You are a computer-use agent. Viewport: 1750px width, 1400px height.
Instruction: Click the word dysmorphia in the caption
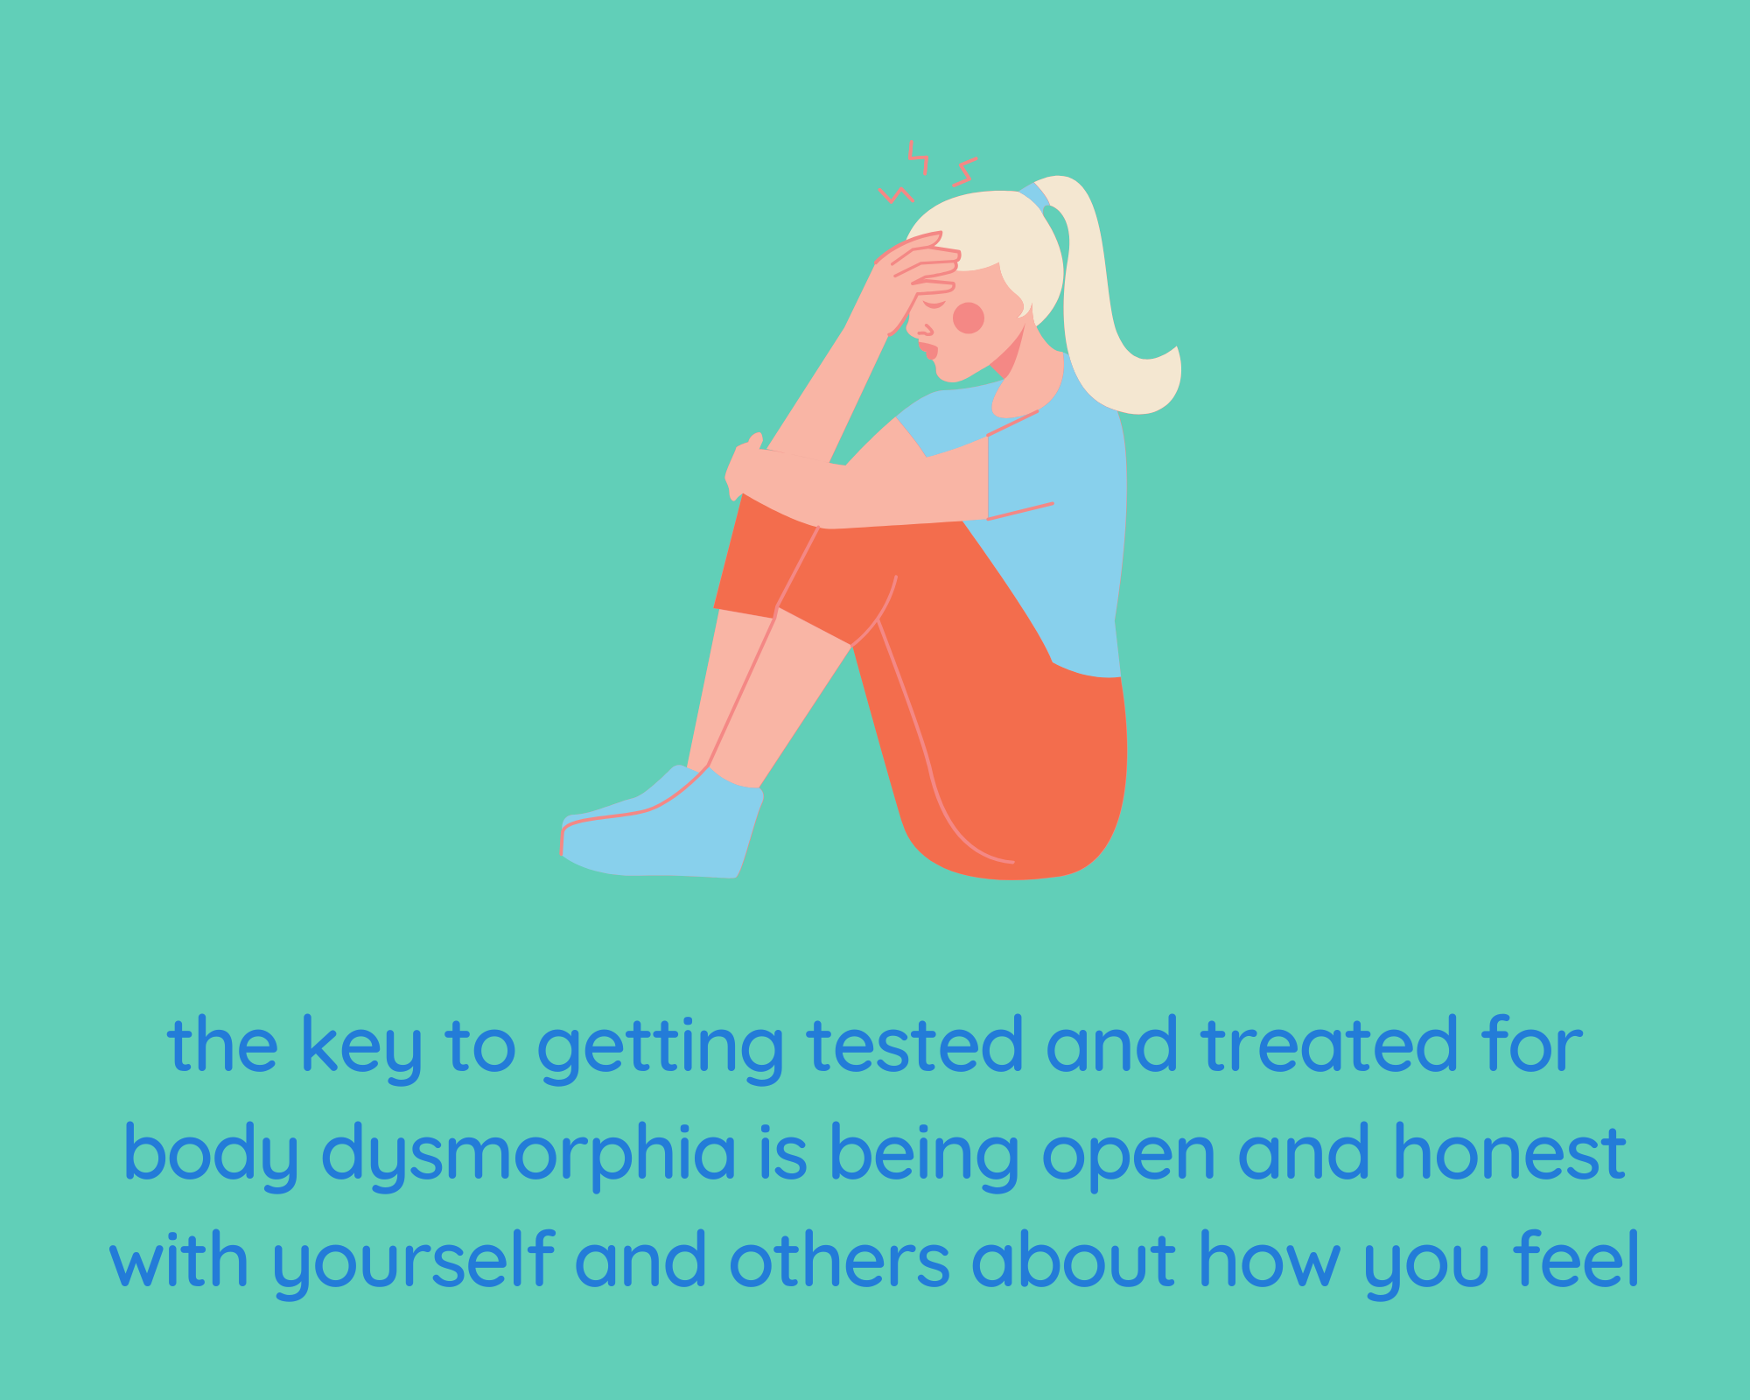[528, 1153]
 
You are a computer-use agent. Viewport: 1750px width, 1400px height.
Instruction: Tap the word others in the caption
[839, 1259]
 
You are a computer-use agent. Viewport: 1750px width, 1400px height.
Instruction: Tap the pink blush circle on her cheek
[968, 318]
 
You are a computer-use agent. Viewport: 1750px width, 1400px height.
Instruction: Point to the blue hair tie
[1035, 195]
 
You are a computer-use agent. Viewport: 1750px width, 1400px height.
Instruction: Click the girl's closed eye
[934, 304]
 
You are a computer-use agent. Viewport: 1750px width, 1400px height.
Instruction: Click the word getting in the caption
[661, 1047]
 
